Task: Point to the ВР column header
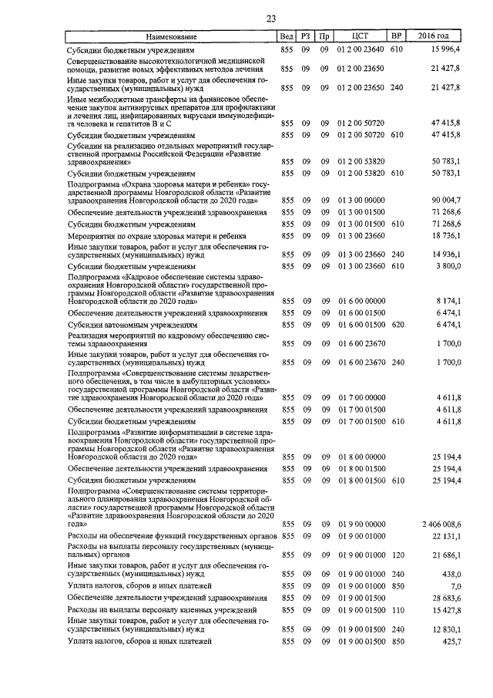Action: click(x=397, y=36)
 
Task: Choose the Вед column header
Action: click(x=286, y=36)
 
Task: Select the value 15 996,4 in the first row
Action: click(x=444, y=49)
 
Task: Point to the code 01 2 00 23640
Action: click(x=361, y=49)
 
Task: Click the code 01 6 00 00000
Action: click(x=361, y=301)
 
